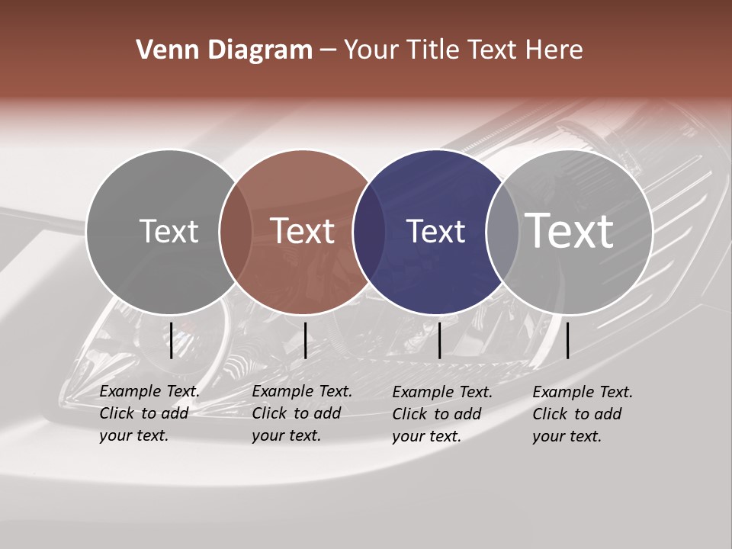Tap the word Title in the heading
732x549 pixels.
point(432,50)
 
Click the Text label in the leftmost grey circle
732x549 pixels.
point(169,231)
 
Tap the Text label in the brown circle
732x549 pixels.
point(303,231)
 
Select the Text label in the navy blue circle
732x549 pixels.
point(435,231)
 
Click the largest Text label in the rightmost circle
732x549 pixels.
point(570,231)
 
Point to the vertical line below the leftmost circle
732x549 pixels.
point(172,340)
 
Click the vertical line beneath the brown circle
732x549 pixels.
point(305,340)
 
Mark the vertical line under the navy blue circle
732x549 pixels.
point(439,340)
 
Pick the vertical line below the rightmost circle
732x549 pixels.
point(567,340)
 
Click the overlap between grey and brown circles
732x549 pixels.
point(236,232)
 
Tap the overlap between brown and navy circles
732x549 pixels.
point(369,232)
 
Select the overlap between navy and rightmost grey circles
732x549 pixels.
point(503,232)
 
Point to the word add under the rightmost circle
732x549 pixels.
point(608,414)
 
